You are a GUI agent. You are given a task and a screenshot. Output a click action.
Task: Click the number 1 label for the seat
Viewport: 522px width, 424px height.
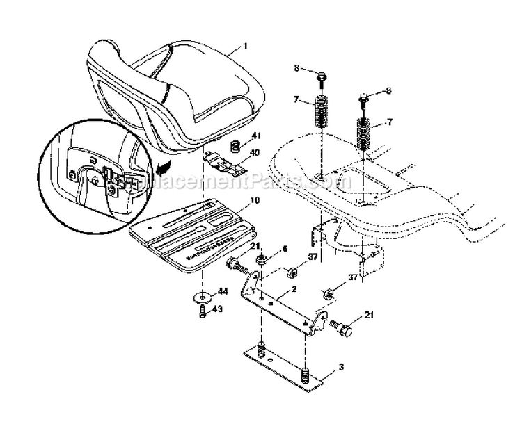(x=244, y=47)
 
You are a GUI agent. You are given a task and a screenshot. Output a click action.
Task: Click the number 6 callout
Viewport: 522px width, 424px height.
(x=265, y=249)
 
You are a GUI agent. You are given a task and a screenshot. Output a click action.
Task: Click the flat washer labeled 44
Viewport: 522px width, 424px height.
(x=202, y=299)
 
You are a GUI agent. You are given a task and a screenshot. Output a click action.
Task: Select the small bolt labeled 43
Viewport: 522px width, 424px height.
(x=202, y=315)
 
